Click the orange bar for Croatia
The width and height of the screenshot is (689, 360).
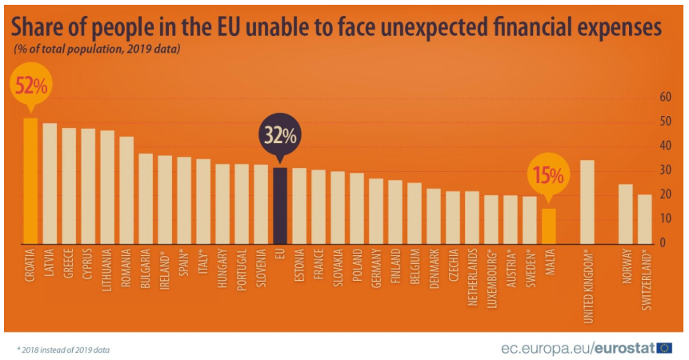coord(30,181)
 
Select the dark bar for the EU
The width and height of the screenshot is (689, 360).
coord(280,206)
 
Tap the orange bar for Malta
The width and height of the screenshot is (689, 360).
coord(549,226)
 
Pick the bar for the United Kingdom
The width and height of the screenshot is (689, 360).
coord(587,202)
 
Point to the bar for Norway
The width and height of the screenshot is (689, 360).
coord(626,214)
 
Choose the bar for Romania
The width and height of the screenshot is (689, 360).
coord(126,190)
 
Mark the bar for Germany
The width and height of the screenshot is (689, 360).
coord(376,212)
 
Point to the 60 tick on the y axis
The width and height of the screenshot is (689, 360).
coord(666,97)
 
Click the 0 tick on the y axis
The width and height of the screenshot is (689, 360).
coord(663,242)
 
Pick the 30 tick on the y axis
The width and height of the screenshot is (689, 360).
coord(666,170)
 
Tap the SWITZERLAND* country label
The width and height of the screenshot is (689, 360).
coord(646,280)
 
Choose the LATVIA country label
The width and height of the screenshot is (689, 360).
coord(50,262)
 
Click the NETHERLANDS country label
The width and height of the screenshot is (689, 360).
coord(472,277)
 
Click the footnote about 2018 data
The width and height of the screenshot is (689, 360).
coord(63,350)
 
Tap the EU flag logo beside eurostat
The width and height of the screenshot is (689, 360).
coord(664,348)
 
